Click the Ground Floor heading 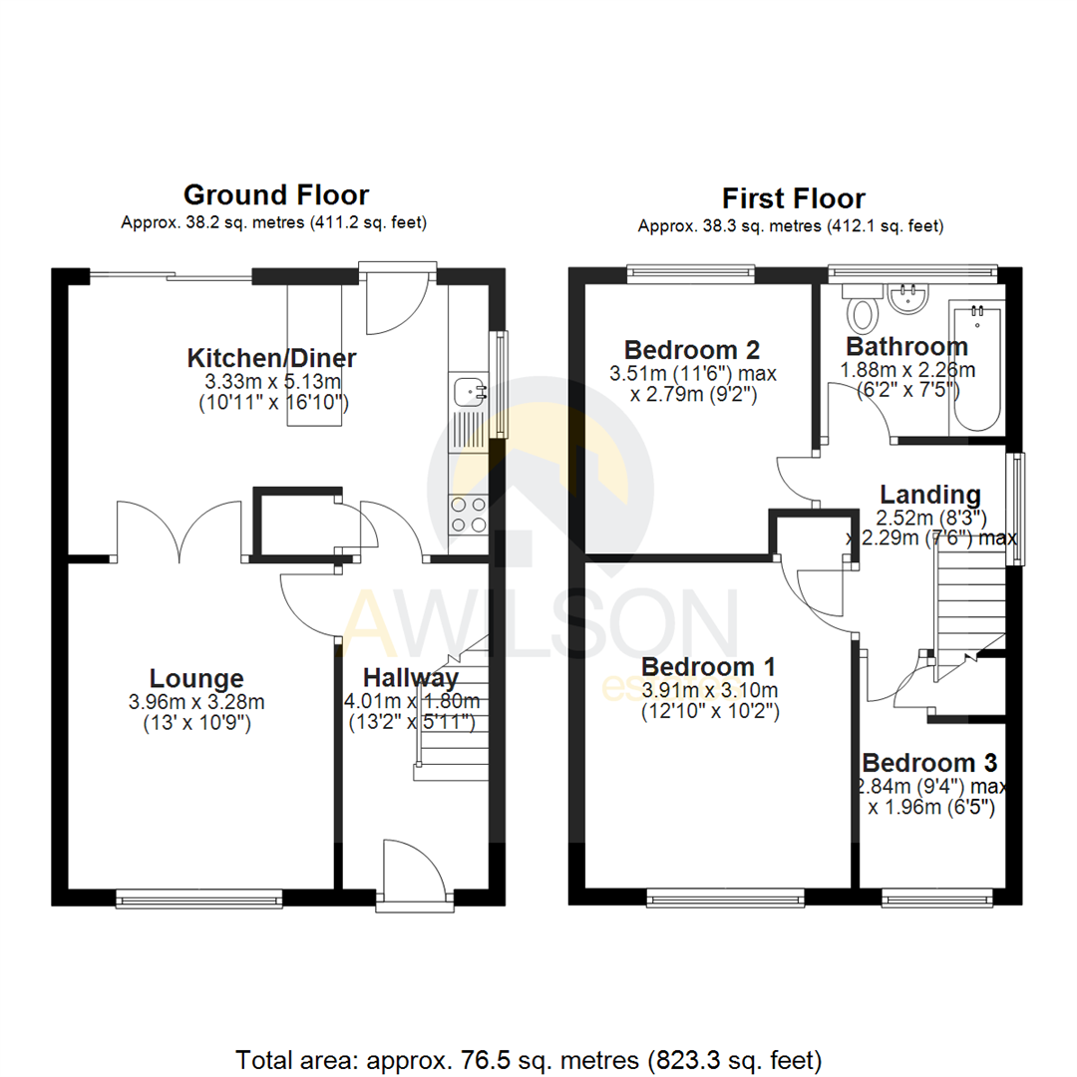(275, 194)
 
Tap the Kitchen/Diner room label (272, 358)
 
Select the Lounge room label (197, 679)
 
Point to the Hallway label (410, 678)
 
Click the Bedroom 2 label (692, 350)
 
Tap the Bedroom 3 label (929, 764)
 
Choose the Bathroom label (906, 347)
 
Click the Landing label (929, 495)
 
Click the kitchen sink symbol (467, 392)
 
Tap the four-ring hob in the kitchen (468, 515)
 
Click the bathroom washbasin (907, 296)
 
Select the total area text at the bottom (529, 1058)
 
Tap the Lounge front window (198, 898)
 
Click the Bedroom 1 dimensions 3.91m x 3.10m (709, 690)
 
